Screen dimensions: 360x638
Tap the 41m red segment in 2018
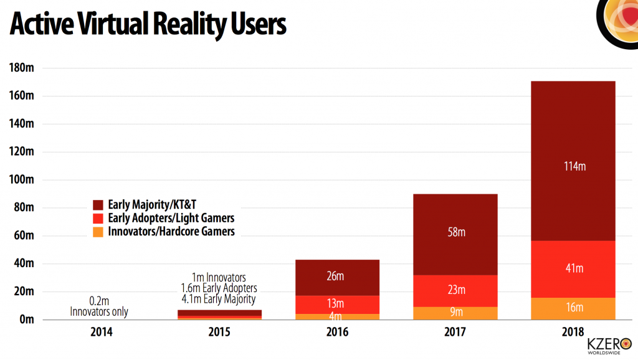[x=571, y=268]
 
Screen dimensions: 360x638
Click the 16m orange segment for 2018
[x=571, y=308]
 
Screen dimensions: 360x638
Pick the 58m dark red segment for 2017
[x=456, y=234]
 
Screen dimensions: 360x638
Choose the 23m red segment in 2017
[x=456, y=290]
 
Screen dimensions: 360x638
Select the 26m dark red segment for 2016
[x=338, y=277]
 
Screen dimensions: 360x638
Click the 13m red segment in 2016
[x=338, y=304]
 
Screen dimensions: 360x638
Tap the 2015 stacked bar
[x=219, y=315]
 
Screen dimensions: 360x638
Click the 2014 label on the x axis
[x=102, y=333]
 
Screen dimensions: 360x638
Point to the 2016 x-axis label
[x=338, y=333]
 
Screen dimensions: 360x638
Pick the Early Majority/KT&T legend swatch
[x=98, y=205]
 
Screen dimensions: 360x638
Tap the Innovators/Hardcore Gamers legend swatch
[x=98, y=232]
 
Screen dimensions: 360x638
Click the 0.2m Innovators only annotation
[x=100, y=306]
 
